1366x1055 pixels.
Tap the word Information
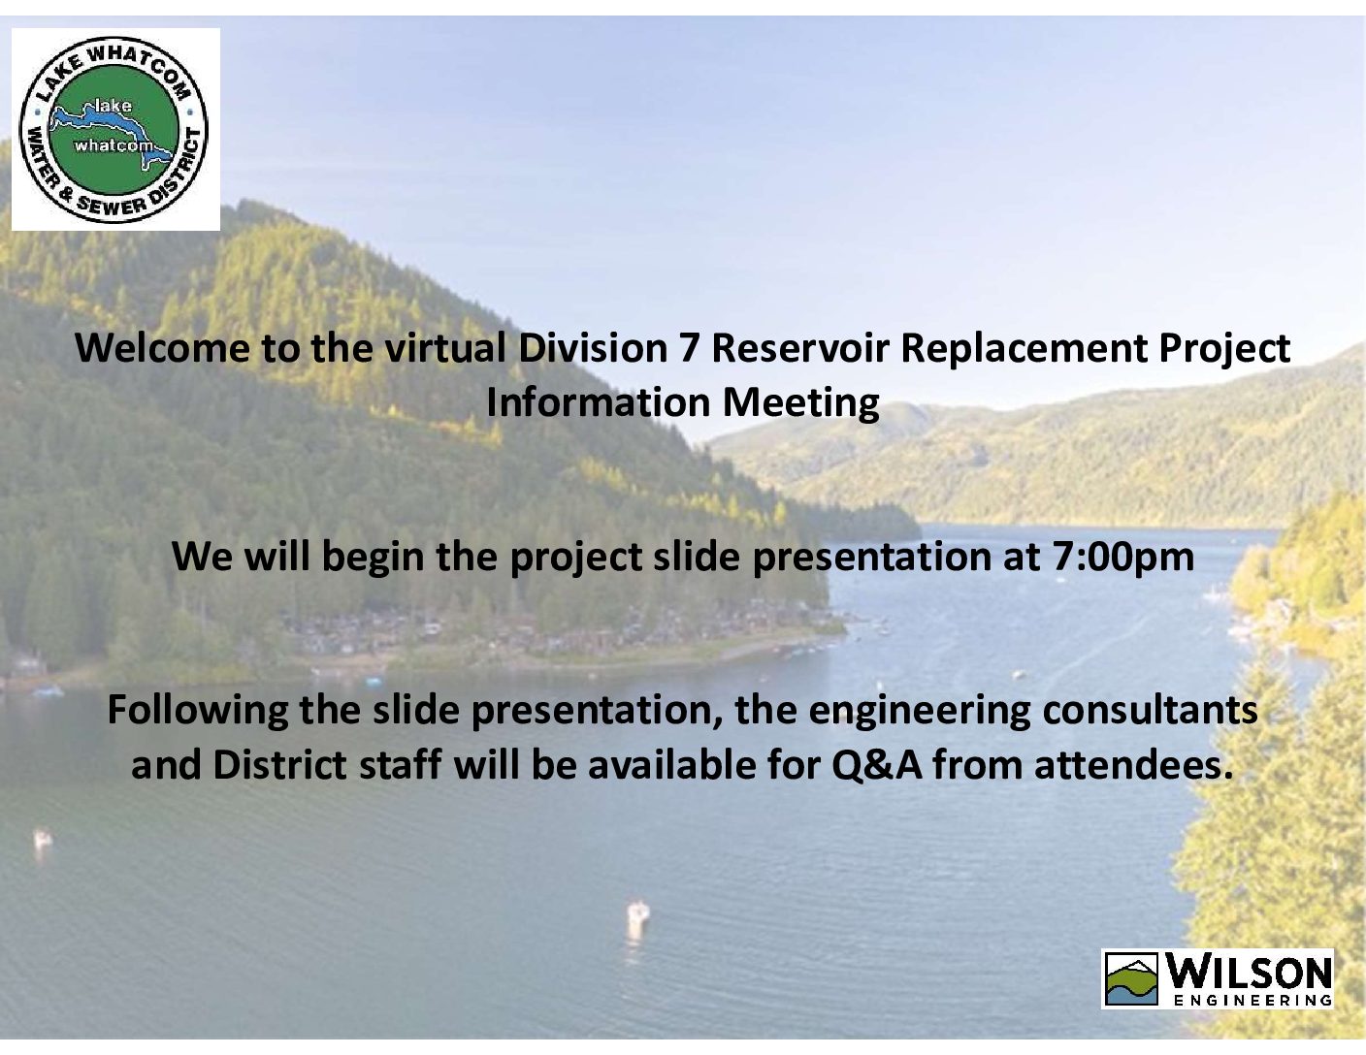[x=598, y=402]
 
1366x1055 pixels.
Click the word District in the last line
[x=279, y=765]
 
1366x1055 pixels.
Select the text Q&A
[x=878, y=766]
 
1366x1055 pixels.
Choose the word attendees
[x=1134, y=765]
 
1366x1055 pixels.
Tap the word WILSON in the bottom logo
[x=1249, y=972]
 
